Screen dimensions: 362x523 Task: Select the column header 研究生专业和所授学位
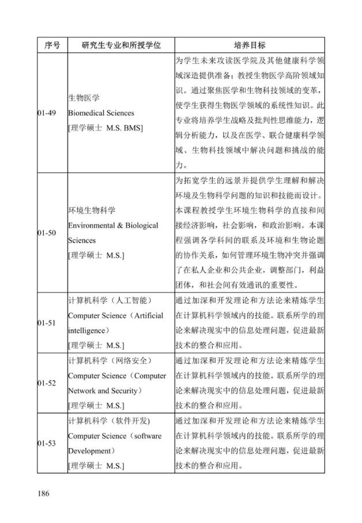tap(120, 45)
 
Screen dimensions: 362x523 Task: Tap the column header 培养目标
tap(250, 45)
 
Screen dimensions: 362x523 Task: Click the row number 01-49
tap(47, 113)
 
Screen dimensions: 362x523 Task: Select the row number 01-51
tap(47, 323)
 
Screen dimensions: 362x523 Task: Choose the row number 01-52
tap(47, 383)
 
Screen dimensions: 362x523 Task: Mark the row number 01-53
tap(47, 443)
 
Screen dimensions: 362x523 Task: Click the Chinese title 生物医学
tap(84, 98)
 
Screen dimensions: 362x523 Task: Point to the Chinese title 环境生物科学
tap(92, 210)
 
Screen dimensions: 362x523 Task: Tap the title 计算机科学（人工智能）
tap(109, 300)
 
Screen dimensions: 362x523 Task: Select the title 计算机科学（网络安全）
tap(109, 360)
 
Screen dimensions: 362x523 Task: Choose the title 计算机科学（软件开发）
tap(109, 421)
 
